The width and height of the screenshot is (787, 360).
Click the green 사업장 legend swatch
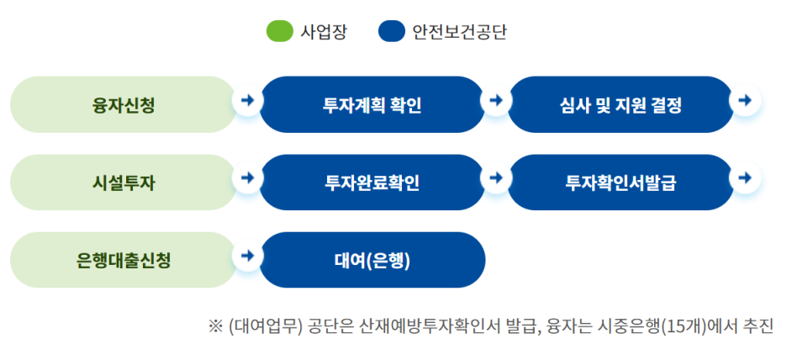click(279, 32)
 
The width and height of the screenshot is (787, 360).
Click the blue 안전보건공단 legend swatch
click(391, 32)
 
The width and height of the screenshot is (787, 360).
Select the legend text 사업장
click(324, 32)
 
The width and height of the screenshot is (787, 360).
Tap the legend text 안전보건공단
click(459, 32)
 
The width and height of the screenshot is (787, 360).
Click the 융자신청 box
click(124, 105)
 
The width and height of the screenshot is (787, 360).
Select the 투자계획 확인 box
click(372, 105)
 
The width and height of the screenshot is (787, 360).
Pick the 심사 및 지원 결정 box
click(621, 105)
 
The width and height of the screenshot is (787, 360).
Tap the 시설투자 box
click(124, 183)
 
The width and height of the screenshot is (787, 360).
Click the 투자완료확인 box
click(372, 183)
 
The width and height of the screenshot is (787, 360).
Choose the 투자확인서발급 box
click(621, 183)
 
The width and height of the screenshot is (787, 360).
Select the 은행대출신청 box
click(124, 260)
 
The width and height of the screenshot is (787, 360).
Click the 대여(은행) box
click(372, 260)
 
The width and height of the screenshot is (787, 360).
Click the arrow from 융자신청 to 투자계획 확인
click(247, 100)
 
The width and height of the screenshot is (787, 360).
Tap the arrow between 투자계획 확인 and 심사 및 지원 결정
click(496, 100)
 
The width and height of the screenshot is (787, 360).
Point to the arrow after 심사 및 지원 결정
click(744, 100)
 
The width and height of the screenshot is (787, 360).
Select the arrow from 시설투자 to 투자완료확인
click(247, 177)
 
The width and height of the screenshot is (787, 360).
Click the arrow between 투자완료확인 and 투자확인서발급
click(496, 177)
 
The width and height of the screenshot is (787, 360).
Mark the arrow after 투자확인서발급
click(744, 177)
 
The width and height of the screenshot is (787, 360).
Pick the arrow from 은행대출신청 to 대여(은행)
click(247, 255)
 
